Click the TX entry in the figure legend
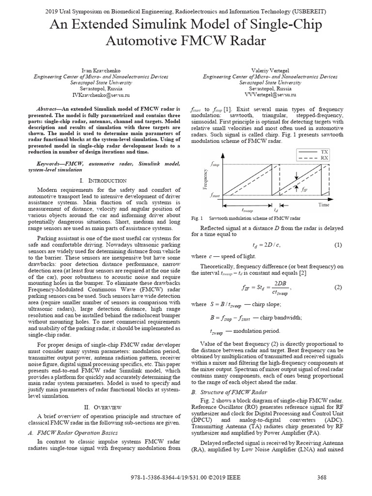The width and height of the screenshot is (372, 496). (324, 152)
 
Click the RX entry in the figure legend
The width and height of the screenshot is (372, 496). (324, 157)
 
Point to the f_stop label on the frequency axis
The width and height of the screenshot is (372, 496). (215, 165)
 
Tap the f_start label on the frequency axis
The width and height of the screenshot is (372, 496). (215, 196)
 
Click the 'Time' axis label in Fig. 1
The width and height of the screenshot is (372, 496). (324, 205)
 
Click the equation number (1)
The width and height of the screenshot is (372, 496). (338, 245)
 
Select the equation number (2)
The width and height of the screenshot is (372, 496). (338, 287)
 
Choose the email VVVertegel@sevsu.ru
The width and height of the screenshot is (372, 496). (270, 95)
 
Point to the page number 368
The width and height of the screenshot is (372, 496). (322, 478)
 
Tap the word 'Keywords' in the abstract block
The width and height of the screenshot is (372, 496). (53, 164)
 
